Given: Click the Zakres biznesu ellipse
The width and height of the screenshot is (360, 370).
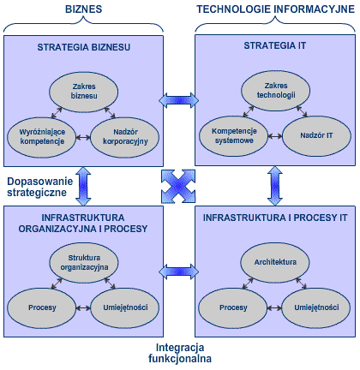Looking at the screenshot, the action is (84, 92).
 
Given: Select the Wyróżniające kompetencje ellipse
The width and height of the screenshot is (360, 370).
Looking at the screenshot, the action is (42, 137).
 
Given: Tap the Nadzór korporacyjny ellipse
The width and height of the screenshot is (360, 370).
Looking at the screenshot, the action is (125, 137).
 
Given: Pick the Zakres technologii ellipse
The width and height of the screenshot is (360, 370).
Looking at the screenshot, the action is (276, 91).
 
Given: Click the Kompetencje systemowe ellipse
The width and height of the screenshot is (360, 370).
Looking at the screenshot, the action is (234, 136).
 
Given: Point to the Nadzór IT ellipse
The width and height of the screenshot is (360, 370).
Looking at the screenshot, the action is (316, 136).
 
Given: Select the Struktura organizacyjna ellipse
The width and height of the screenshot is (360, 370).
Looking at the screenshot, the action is (84, 262).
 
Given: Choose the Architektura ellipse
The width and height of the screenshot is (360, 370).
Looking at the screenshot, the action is (275, 262).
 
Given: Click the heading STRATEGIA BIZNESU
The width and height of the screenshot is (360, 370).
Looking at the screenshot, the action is (84, 47).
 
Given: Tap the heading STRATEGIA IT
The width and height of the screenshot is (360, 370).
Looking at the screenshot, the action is (275, 45).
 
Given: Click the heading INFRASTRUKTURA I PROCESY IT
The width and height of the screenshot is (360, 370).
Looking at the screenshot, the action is (275, 218).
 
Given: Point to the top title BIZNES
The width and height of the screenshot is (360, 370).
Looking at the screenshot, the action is (84, 9).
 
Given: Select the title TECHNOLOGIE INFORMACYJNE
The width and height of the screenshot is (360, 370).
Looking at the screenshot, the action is (276, 9).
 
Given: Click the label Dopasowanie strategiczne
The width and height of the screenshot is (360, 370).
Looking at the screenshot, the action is (39, 187).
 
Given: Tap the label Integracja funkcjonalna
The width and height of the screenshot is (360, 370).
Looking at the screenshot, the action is (180, 353).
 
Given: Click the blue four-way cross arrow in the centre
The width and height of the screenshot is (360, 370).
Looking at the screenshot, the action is (178, 186).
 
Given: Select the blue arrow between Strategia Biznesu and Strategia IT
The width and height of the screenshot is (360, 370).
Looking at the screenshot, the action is (179, 100).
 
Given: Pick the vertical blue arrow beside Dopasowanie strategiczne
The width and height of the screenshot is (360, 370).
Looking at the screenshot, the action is (83, 187).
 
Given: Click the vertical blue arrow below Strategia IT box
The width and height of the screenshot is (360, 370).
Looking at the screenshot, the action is (275, 186).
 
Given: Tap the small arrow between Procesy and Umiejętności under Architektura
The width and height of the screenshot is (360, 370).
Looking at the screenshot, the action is (274, 308).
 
